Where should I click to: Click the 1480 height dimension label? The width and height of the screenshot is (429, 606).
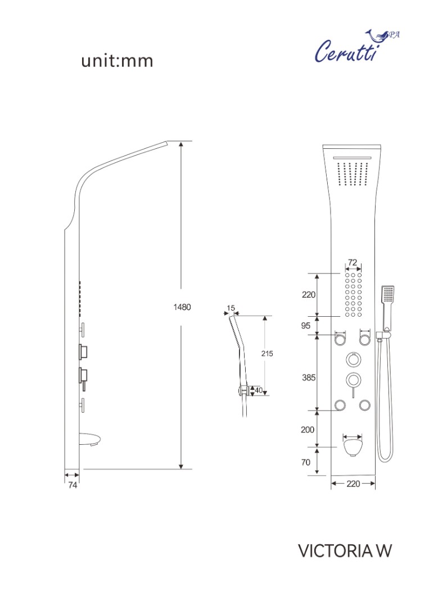[x=182, y=307]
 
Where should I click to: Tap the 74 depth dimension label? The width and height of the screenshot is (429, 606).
[x=73, y=485]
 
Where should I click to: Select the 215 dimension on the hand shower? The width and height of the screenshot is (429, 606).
[x=267, y=353]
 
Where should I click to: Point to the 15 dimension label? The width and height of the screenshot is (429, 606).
[x=231, y=308]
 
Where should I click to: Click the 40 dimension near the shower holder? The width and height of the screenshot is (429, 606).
[x=259, y=390]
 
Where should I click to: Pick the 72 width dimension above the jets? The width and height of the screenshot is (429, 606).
[x=353, y=263]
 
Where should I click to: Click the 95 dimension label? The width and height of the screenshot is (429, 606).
[x=306, y=325]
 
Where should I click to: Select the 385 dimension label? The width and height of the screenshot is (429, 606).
[x=309, y=377]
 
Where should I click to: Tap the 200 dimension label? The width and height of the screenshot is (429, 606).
[x=308, y=430]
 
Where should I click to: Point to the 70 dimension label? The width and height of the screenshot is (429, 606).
[x=306, y=462]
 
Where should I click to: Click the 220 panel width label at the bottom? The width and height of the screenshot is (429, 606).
[x=353, y=484]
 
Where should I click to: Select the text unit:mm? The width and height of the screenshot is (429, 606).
[x=117, y=61]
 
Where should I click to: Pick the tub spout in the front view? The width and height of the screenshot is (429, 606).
[x=353, y=445]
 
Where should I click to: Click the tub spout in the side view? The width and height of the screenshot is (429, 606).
[x=91, y=439]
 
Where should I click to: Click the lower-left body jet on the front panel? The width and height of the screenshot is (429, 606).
[x=340, y=405]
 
